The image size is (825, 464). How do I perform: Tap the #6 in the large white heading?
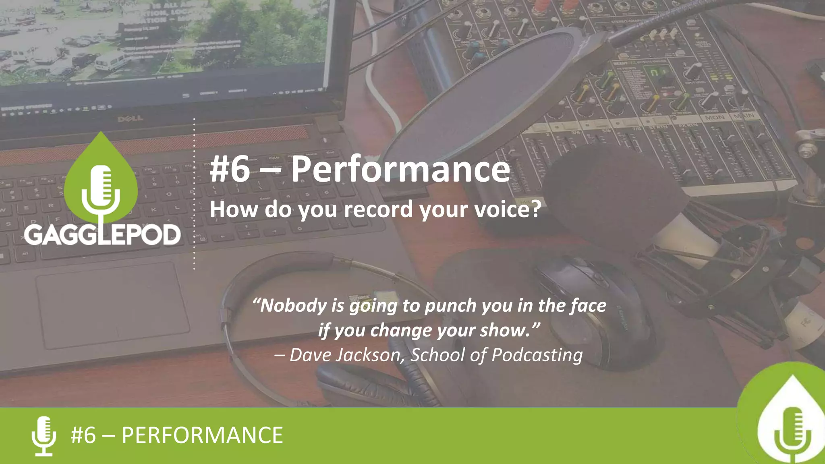230,169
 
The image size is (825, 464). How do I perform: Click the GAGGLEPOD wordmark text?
102,235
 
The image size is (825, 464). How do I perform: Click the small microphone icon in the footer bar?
44,436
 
